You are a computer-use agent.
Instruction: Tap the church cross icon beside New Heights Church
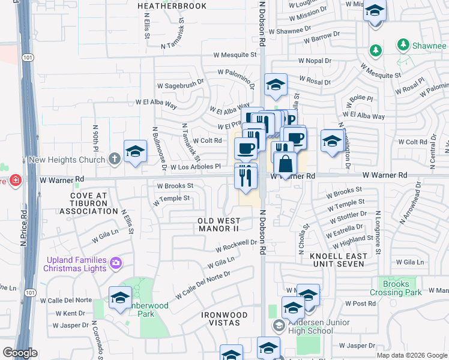(115, 160)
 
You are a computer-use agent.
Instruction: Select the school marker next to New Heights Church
(135, 152)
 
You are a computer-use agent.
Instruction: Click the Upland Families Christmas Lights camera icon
(115, 262)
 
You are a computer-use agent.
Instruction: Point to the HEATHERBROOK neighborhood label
(172, 6)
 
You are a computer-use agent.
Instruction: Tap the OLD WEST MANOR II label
(218, 225)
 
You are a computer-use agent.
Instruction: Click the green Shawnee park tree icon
(376, 49)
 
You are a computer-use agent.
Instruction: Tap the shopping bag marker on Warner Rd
(286, 164)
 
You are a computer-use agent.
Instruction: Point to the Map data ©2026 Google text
(411, 355)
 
